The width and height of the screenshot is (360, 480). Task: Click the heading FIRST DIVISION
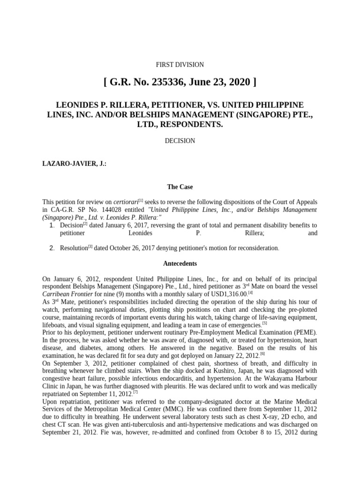(x=180, y=65)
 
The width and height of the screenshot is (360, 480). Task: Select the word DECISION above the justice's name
(x=180, y=141)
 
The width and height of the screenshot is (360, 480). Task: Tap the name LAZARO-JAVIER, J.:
(x=72, y=165)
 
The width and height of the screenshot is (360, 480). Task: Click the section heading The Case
(x=180, y=187)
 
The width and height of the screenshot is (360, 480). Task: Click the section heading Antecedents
(x=180, y=263)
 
